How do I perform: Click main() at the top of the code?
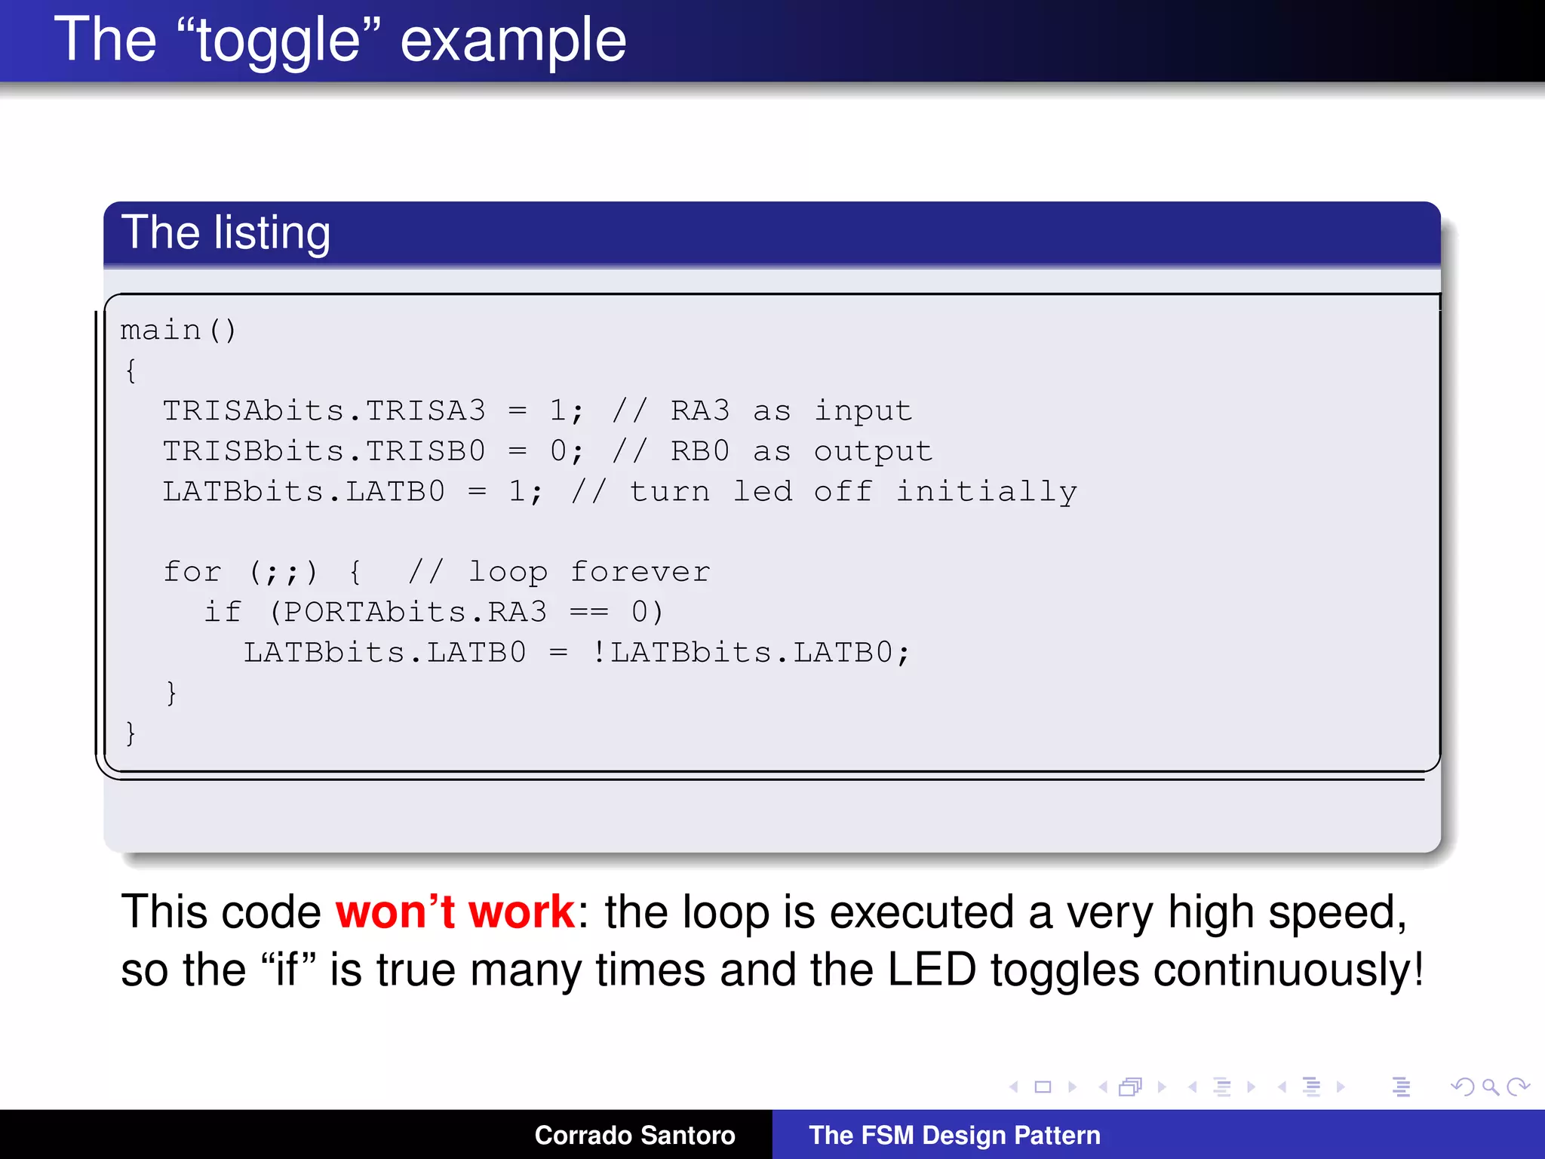(178, 330)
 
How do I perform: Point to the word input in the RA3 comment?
(863, 411)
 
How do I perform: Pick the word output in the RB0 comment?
(873, 451)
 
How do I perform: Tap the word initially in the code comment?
(986, 492)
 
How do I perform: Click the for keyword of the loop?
(192, 572)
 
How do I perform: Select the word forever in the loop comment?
(640, 572)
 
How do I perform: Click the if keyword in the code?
(223, 612)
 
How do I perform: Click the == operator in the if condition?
(588, 612)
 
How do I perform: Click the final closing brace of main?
(131, 733)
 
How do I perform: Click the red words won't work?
(455, 912)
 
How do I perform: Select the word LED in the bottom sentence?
(931, 970)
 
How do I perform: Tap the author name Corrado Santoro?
(634, 1135)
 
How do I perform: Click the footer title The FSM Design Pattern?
(954, 1135)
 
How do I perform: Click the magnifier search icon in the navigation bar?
(1490, 1087)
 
